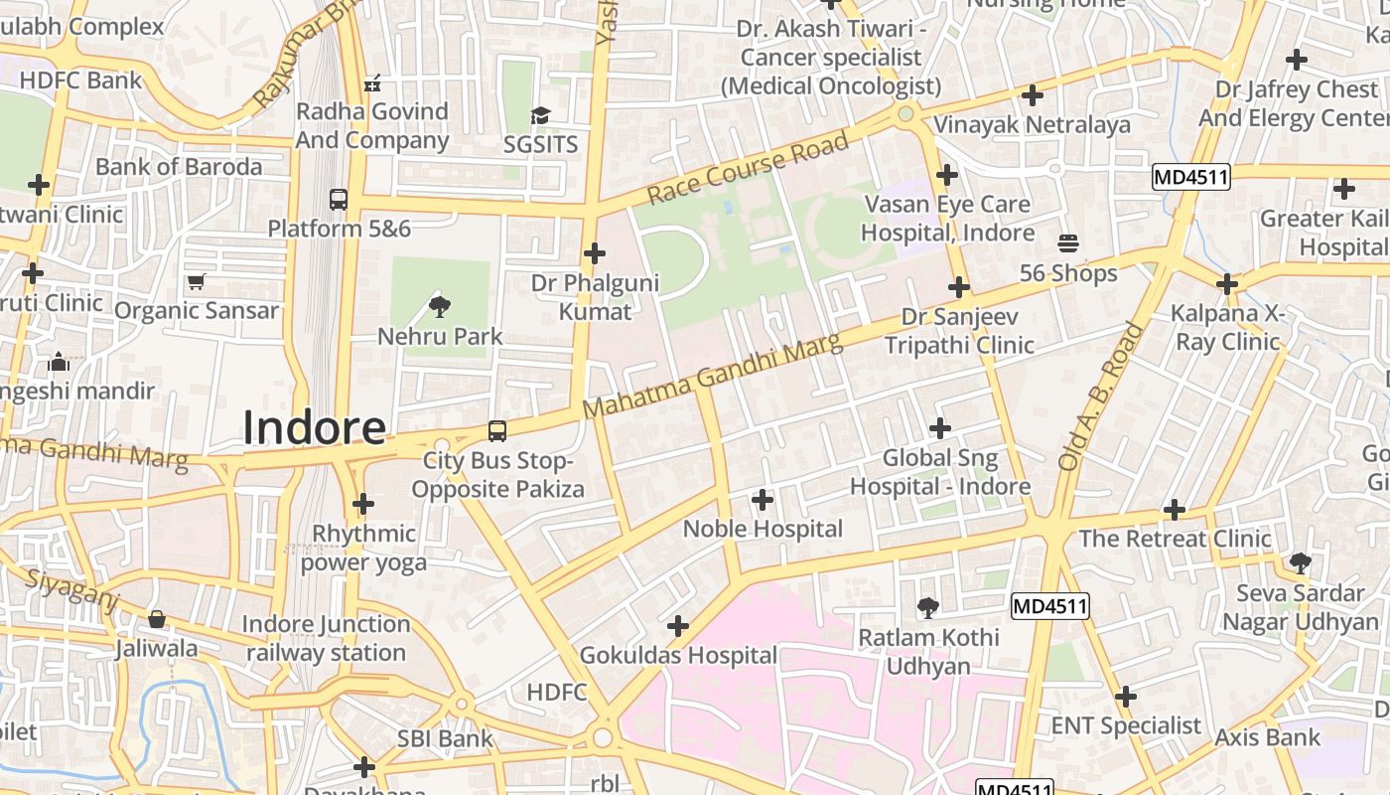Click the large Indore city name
click(314, 427)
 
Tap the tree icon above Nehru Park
click(439, 306)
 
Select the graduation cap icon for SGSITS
click(540, 116)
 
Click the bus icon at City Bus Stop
click(496, 431)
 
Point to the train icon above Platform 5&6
click(339, 199)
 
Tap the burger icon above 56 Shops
click(1068, 243)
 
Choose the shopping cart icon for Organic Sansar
click(196, 282)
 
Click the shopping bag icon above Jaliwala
click(157, 620)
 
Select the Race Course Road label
click(749, 168)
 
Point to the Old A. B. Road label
click(1101, 396)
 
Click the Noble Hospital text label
click(763, 529)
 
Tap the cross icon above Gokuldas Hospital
click(678, 626)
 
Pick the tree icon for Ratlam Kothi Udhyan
click(928, 607)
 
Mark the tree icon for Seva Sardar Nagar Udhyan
click(1300, 563)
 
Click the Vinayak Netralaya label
click(1032, 124)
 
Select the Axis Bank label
click(1268, 737)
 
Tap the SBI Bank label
click(445, 738)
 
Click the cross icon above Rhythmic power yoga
click(363, 504)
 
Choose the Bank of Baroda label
click(179, 166)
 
